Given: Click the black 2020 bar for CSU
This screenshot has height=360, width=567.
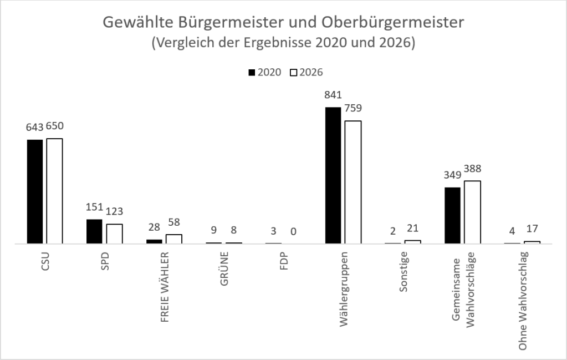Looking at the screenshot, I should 35,191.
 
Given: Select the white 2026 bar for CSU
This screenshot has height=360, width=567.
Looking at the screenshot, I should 54,191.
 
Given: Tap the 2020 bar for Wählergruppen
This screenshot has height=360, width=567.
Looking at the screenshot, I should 333,175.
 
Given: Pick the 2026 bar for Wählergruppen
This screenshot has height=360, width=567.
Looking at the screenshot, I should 353,182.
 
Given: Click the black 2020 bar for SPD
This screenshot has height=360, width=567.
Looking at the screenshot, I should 94,231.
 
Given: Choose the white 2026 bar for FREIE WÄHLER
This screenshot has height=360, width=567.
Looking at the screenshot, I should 173,239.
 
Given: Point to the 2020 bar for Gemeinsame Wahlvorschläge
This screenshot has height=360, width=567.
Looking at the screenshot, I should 452,215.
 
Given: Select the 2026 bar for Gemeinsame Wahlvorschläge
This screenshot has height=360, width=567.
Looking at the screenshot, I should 472,212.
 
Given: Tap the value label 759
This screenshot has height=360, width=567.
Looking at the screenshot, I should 353,108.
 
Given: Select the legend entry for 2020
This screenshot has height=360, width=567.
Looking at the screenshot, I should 265,72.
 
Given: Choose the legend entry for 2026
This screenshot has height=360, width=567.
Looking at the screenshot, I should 307,72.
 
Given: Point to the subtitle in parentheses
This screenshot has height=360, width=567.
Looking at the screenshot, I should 283,43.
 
